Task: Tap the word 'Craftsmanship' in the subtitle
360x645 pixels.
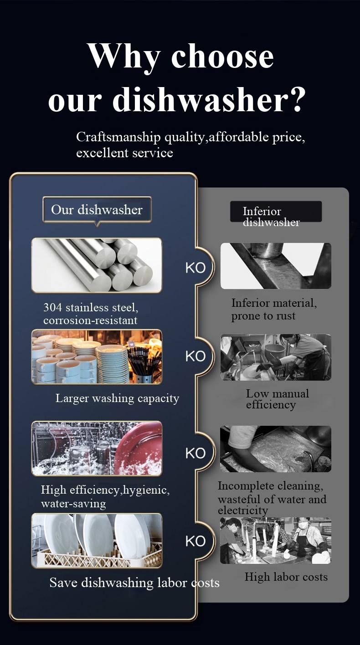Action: [118, 138]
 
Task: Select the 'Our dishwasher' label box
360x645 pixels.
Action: [97, 210]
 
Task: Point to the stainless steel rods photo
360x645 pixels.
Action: [97, 265]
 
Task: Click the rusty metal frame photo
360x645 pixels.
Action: [276, 266]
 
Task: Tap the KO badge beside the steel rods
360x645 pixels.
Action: [195, 268]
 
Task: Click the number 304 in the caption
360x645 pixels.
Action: [52, 308]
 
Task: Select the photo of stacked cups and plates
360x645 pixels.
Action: [97, 356]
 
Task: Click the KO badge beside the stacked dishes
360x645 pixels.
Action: [195, 356]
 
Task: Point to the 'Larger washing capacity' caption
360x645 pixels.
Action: [118, 399]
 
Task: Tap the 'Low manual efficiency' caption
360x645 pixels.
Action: [278, 399]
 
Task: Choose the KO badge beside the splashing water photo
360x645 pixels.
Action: [195, 453]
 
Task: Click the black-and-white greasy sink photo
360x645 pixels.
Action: [276, 449]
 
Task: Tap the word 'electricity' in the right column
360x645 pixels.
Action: [243, 511]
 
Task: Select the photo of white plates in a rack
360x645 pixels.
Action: [97, 541]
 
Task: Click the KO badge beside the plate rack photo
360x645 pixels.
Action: [195, 542]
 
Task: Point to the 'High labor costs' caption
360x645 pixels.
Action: [286, 577]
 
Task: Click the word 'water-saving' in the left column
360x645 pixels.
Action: [73, 504]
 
